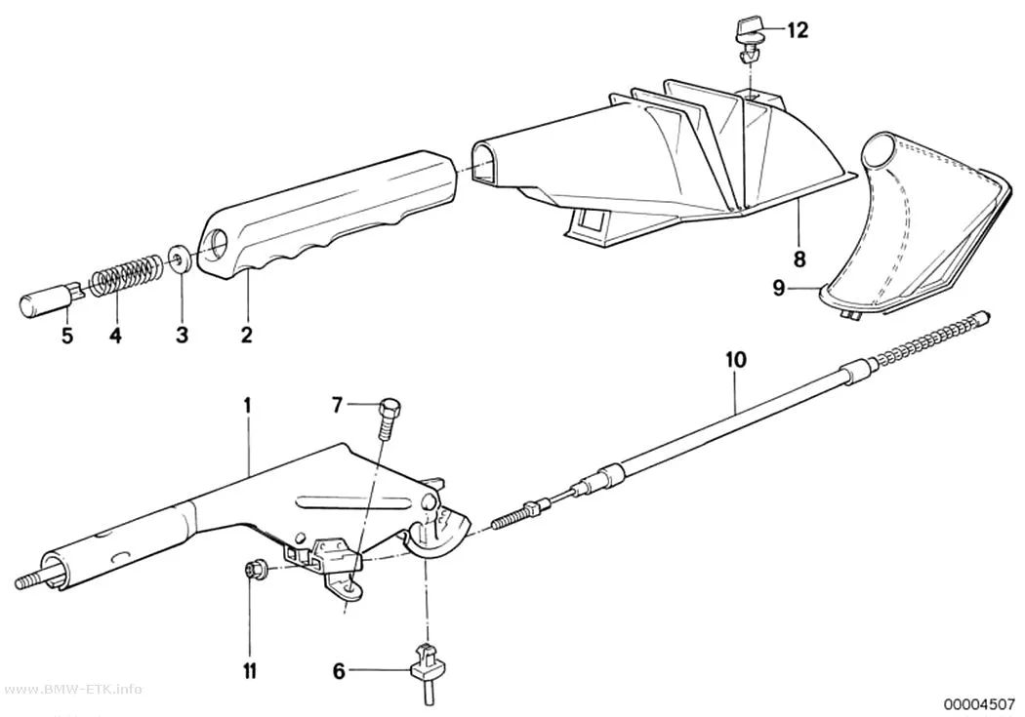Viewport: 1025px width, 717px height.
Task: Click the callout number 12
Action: coord(798,30)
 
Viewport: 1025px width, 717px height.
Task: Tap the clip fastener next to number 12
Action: coord(750,41)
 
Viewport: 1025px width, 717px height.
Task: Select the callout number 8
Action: coord(799,259)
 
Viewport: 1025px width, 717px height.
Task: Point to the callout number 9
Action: coord(779,288)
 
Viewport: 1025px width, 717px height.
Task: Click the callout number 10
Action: coord(735,359)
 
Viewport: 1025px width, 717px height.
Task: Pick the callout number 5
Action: coord(67,337)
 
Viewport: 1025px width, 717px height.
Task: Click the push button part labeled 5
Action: coord(51,299)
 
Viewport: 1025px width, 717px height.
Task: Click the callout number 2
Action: coord(246,336)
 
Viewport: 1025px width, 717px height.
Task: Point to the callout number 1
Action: coord(247,405)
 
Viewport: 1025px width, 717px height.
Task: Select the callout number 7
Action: coord(337,406)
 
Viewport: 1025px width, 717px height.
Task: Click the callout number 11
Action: coord(250,671)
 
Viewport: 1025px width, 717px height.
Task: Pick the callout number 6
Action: coord(338,670)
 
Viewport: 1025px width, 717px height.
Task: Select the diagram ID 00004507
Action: coord(978,704)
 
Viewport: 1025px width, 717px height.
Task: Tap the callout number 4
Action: coord(115,337)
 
